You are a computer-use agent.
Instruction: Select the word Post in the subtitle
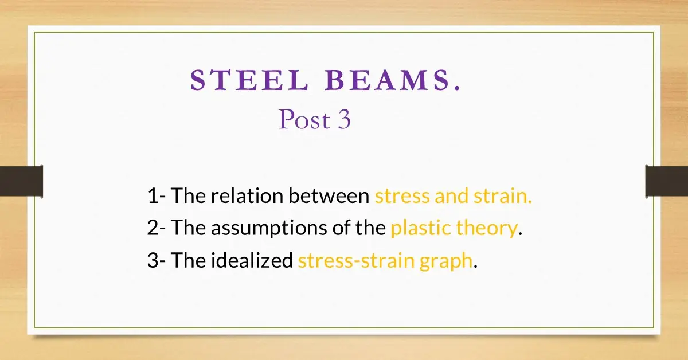coord(297,120)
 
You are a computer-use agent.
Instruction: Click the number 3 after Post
coord(343,120)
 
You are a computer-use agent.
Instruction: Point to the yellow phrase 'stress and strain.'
coord(454,196)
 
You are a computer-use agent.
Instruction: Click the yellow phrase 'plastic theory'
coord(454,228)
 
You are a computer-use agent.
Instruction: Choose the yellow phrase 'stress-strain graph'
coord(386,261)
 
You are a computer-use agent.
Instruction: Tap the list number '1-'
coord(156,196)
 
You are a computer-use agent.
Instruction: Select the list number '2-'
coord(156,228)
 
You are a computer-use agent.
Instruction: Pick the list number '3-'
coord(156,261)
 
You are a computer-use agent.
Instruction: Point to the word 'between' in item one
coord(329,196)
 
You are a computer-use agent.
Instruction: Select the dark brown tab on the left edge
coord(21,181)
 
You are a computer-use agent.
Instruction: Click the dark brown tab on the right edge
coord(667,181)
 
